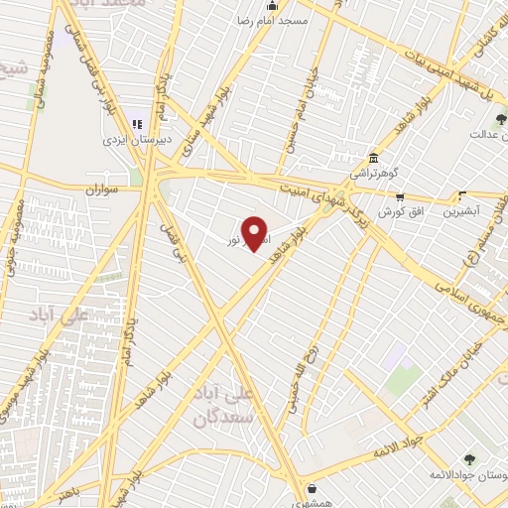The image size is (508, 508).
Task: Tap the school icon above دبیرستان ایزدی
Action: point(138,125)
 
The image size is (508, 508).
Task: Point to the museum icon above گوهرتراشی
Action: point(373,158)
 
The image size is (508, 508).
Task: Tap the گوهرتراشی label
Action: point(380,173)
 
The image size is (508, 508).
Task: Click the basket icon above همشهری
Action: point(313,488)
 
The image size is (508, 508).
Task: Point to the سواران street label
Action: point(101,188)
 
